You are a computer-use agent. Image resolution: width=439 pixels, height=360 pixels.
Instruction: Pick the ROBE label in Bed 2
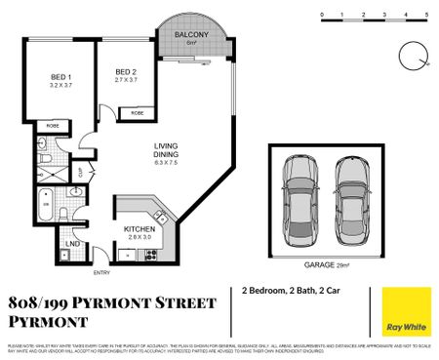137,112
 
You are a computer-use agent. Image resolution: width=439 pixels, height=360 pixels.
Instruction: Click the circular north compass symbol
410,55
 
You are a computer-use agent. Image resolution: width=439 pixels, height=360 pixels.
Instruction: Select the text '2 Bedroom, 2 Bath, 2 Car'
291,291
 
